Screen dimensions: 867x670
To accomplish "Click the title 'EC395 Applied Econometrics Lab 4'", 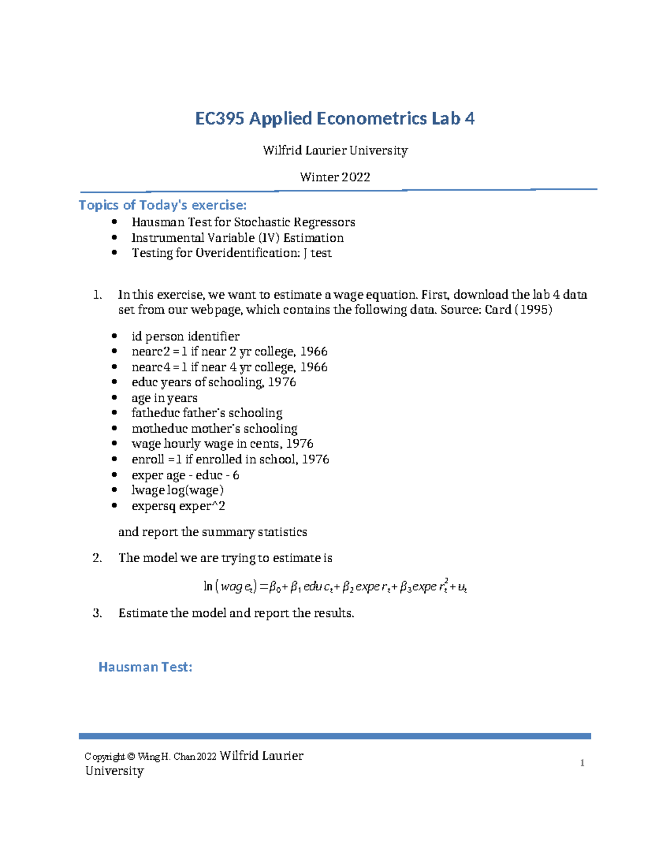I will point(334,118).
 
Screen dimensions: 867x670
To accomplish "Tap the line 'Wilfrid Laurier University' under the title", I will point(335,150).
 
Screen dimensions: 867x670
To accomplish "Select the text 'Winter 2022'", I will point(335,177).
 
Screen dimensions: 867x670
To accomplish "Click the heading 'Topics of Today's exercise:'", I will point(162,205).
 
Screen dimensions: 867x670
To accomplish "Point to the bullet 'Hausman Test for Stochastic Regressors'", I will point(243,222).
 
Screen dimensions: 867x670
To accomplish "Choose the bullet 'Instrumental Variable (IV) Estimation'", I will point(237,238).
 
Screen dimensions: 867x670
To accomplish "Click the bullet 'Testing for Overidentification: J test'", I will point(231,253).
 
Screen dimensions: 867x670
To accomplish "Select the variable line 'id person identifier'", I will point(185,336).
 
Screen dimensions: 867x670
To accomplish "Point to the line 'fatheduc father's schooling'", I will point(207,413).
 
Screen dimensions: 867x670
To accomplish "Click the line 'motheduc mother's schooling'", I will point(214,429).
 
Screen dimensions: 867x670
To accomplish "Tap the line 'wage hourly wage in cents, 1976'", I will point(222,444).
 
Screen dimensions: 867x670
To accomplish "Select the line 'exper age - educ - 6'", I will point(185,475).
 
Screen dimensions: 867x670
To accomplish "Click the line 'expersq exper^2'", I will point(178,506).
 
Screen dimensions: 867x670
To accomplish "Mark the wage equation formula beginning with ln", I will point(335,586).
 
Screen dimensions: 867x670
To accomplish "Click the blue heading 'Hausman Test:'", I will point(145,667).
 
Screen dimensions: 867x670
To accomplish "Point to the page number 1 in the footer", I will point(582,763).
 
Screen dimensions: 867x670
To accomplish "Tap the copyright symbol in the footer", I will point(131,757).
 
